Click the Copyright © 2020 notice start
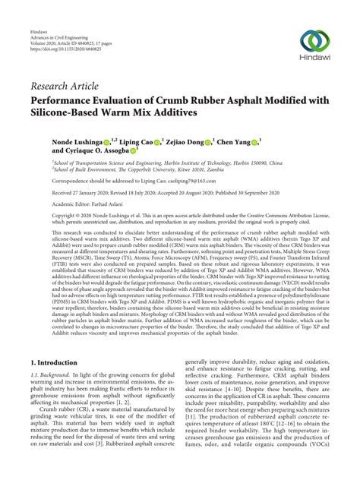tap(68, 216)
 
